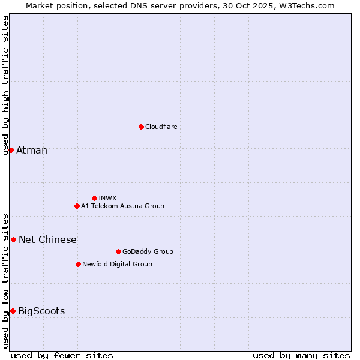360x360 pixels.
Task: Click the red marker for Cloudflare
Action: (141, 127)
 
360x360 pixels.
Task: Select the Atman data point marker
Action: (11, 150)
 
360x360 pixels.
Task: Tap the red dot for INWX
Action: (94, 198)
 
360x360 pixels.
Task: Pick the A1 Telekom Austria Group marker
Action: (77, 206)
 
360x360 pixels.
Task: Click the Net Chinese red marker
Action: (13, 239)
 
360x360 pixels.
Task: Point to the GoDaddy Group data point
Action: (118, 251)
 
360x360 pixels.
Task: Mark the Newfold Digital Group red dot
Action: (78, 264)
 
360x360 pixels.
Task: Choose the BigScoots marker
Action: (13, 311)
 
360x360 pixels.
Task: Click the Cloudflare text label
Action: (161, 127)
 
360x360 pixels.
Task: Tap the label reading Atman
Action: (32, 150)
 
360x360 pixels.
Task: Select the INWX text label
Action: (107, 198)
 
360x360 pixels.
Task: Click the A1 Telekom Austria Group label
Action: (122, 206)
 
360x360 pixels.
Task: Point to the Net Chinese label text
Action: (47, 239)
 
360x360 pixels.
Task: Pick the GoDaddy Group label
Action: (148, 251)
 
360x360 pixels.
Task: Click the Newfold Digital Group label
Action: (117, 264)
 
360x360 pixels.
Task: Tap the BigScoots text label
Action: (41, 311)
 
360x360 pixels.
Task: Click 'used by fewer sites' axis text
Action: (62, 355)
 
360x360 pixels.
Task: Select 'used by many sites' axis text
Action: (301, 355)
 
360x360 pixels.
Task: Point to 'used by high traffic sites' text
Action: (5, 85)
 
